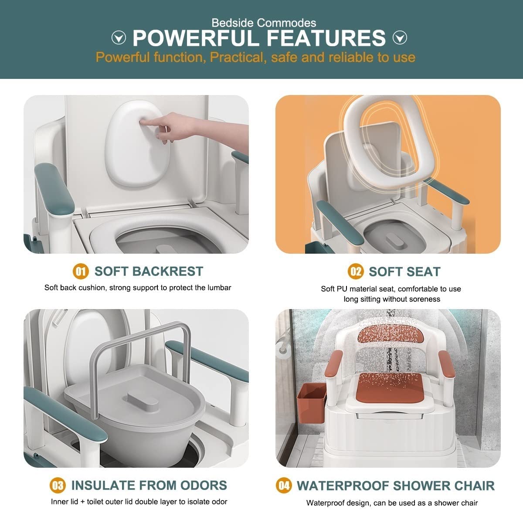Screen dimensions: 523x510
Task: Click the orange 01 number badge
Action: pyautogui.click(x=81, y=271)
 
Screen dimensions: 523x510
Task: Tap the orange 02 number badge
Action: pyautogui.click(x=356, y=272)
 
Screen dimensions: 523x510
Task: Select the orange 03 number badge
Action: pyautogui.click(x=58, y=486)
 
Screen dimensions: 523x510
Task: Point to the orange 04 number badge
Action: pyautogui.click(x=284, y=486)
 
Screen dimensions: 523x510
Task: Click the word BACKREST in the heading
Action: pyautogui.click(x=168, y=271)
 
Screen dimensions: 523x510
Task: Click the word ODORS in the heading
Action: pyautogui.click(x=204, y=485)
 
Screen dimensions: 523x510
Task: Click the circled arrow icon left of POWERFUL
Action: pyautogui.click(x=119, y=37)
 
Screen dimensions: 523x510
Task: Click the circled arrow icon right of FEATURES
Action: pyautogui.click(x=400, y=37)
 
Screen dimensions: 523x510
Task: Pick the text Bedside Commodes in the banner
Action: pyautogui.click(x=264, y=23)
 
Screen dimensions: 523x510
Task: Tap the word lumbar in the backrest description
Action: pyautogui.click(x=220, y=288)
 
